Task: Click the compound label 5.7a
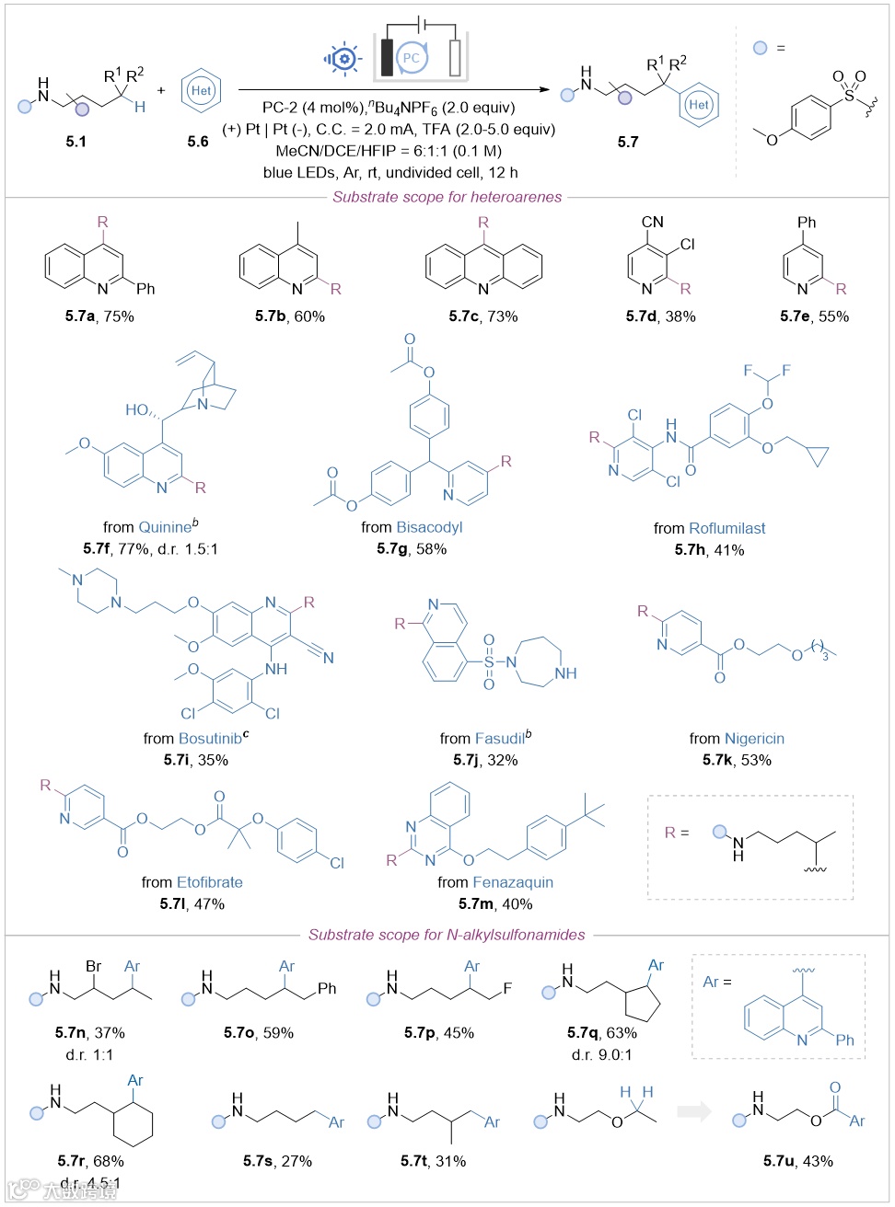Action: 79,316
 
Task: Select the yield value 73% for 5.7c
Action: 503,316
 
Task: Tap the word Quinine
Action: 165,527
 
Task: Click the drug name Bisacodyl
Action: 429,527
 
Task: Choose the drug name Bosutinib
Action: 210,738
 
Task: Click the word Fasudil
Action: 500,738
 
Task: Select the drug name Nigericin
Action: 754,738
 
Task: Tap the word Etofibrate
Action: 210,882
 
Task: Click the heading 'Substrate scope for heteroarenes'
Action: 447,197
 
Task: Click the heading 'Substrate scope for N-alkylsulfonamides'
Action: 447,935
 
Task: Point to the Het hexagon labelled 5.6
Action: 201,90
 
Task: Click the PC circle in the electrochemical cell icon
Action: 411,57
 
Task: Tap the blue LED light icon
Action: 344,58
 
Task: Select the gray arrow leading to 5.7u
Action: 694,1111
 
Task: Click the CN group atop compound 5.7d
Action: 652,222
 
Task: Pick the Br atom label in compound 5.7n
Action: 94,966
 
